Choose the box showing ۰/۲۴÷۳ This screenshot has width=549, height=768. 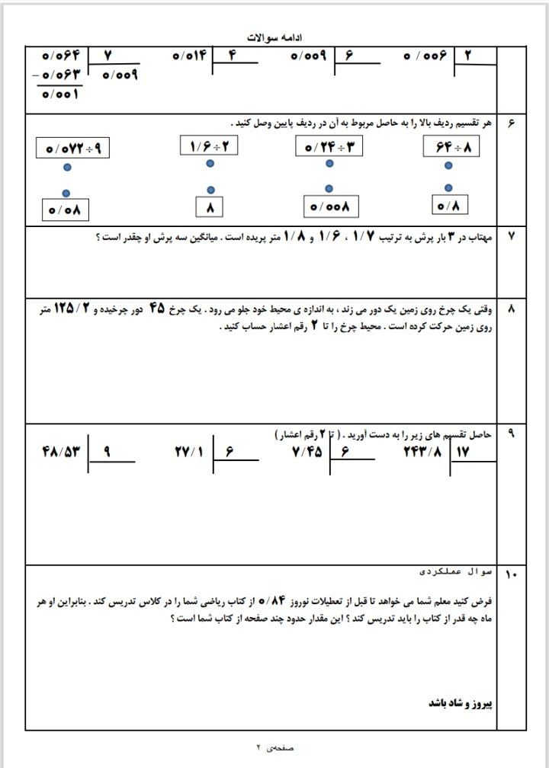tap(328, 145)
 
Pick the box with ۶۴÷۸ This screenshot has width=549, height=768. tap(451, 147)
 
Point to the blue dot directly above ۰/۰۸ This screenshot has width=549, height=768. tap(66, 193)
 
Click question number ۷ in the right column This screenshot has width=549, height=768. tap(511, 237)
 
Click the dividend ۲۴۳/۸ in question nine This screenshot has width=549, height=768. tap(423, 451)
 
